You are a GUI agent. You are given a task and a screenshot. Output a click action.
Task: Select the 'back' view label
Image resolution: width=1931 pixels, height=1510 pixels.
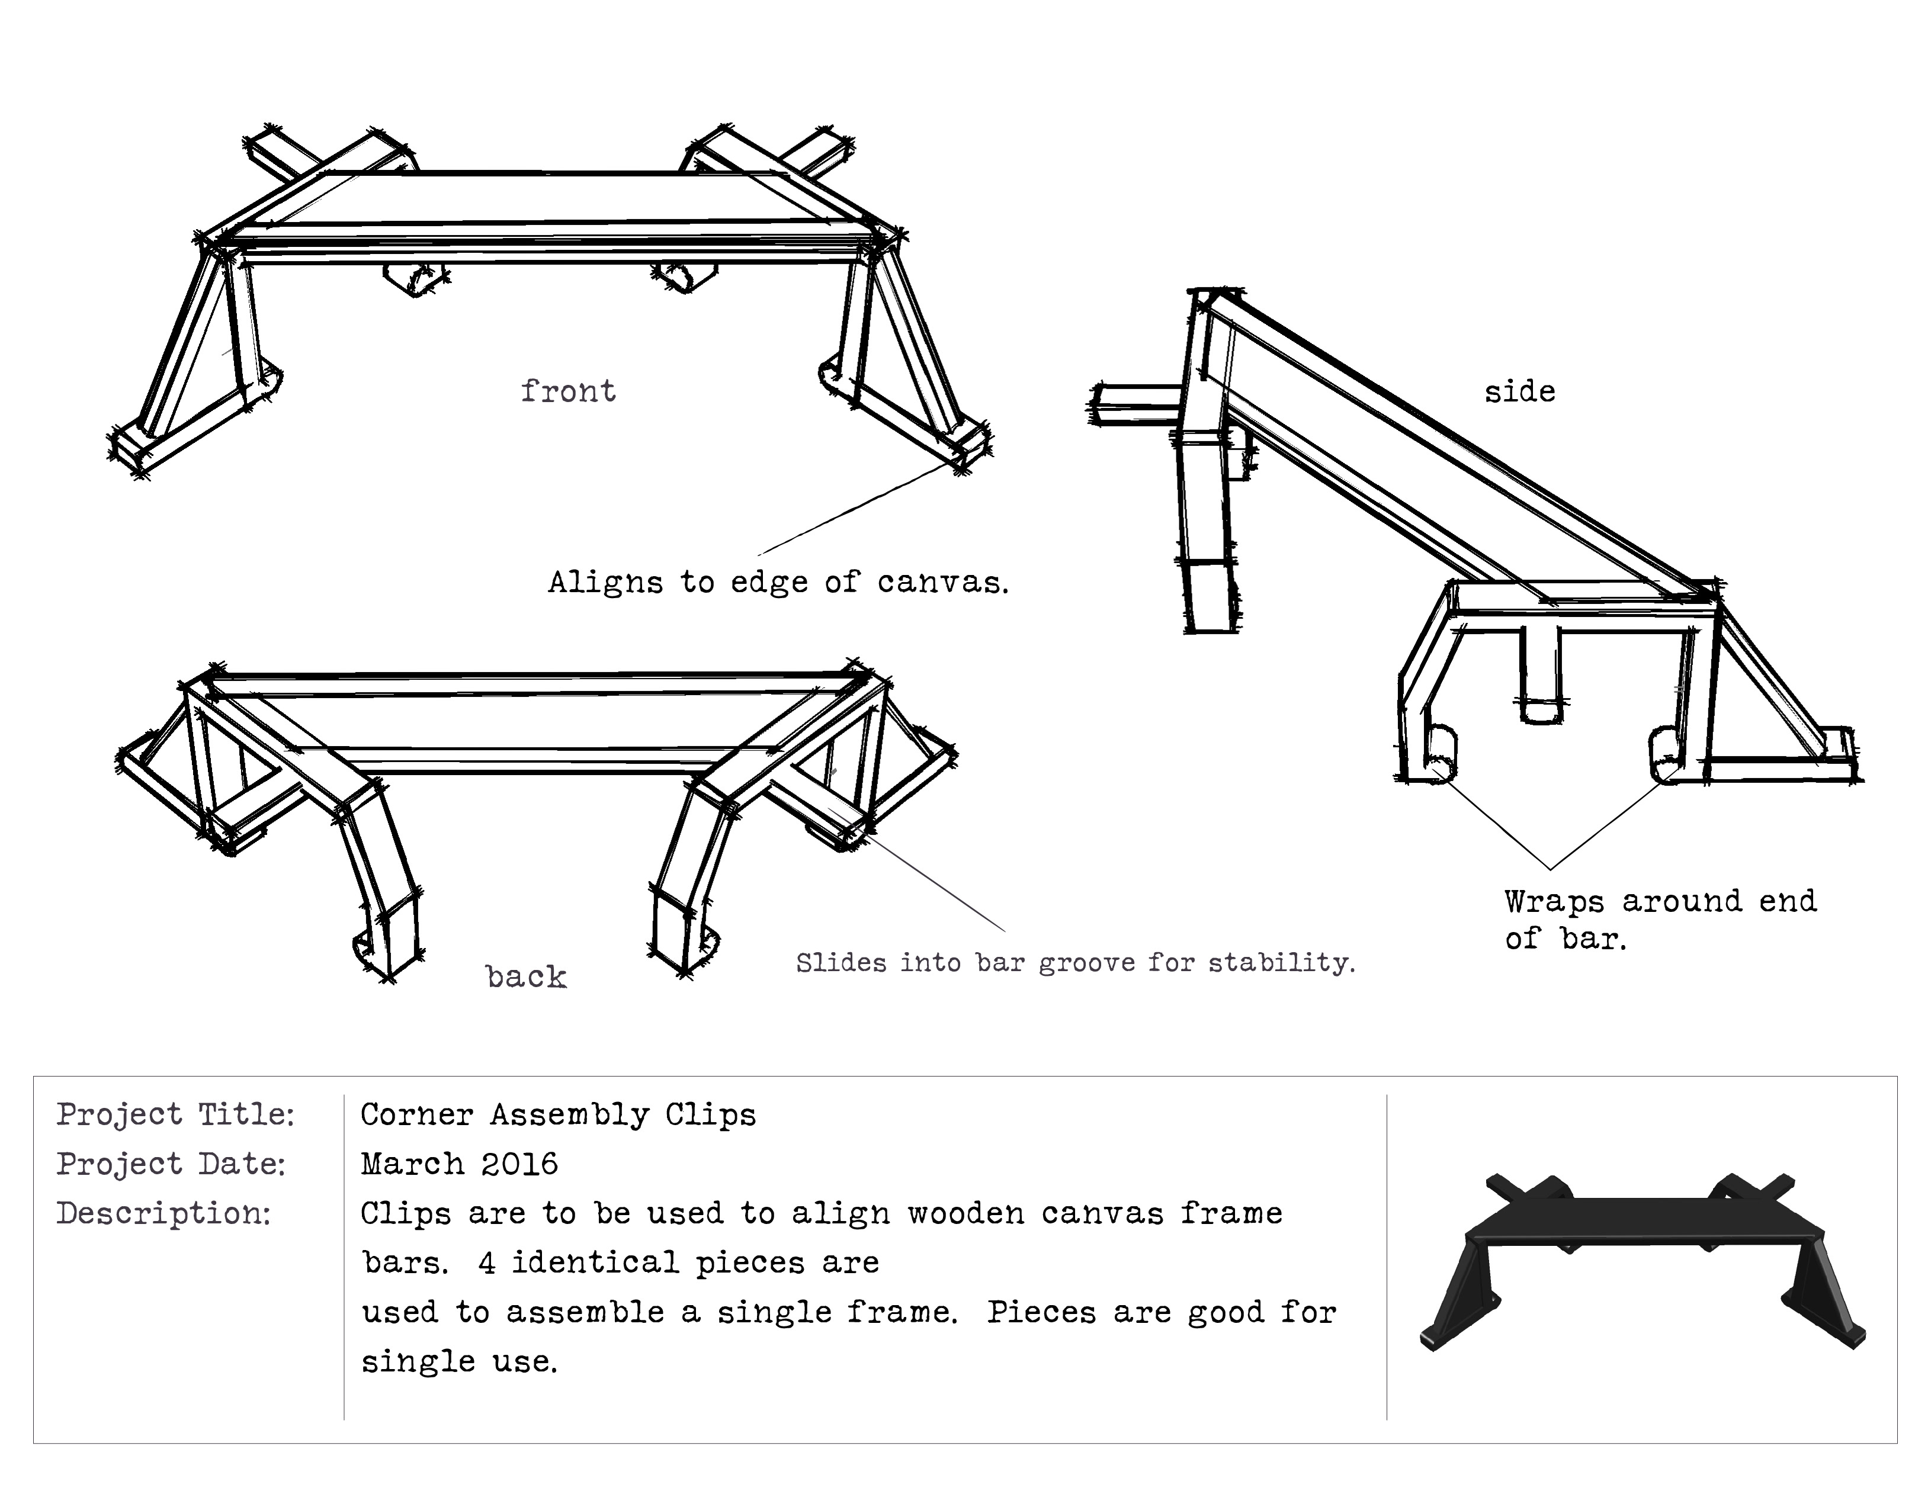pos(526,976)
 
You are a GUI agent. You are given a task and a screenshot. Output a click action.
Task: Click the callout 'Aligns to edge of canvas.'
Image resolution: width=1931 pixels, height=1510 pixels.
pos(778,581)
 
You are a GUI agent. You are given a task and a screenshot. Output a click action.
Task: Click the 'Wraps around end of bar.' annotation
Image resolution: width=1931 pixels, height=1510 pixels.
pos(1660,920)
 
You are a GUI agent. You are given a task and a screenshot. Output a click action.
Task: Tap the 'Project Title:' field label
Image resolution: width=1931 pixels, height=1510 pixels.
pos(175,1114)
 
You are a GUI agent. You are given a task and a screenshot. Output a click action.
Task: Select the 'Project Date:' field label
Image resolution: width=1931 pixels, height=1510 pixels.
pos(172,1164)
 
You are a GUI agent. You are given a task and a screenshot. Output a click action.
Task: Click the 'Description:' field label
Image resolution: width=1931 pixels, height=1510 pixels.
pos(163,1213)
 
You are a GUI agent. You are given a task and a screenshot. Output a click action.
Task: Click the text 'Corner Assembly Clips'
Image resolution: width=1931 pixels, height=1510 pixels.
pos(559,1115)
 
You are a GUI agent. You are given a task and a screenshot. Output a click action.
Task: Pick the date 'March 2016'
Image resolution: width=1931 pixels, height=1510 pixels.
pos(460,1164)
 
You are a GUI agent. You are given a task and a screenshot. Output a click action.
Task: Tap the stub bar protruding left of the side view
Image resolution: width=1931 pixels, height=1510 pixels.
pos(1136,405)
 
